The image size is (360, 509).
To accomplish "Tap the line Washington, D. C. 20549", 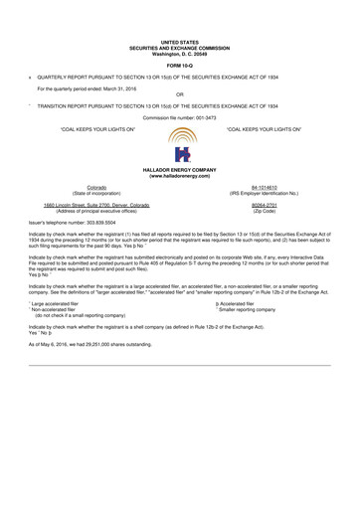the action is coord(180,52).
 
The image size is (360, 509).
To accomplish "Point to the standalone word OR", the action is coord(180,95).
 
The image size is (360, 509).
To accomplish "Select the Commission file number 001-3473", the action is coord(180,118).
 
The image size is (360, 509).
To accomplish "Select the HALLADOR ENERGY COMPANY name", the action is coord(180,171).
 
